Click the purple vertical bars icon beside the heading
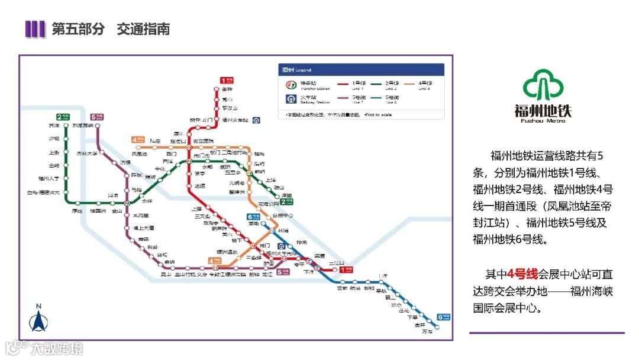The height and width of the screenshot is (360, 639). [35, 29]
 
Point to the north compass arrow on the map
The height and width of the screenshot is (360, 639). [38, 320]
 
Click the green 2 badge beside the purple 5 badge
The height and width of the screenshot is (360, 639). [63, 117]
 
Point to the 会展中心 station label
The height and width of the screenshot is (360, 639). [283, 216]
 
